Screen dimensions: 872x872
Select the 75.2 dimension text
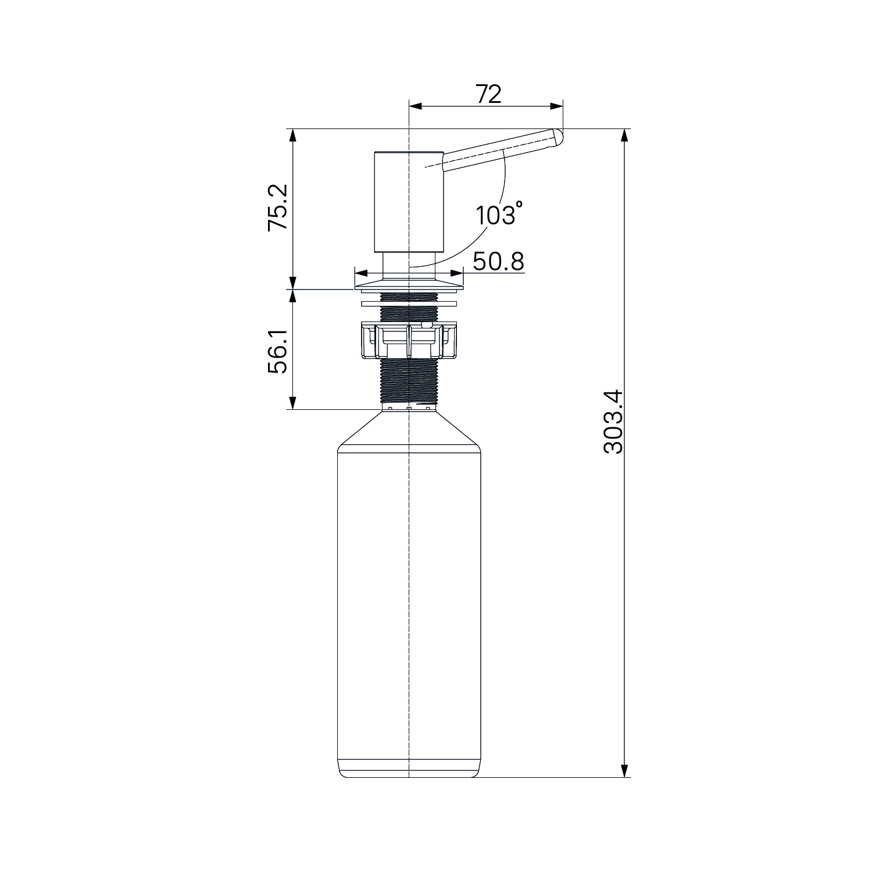278,208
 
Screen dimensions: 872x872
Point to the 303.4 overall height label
613,421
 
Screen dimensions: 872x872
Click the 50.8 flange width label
498,262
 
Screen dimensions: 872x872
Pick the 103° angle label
498,214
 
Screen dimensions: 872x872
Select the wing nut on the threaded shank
410,339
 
